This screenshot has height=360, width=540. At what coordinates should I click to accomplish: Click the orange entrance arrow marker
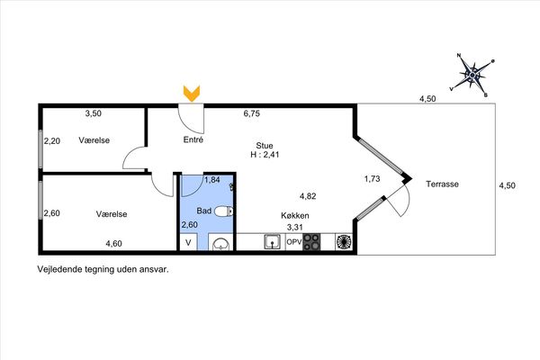point(192,94)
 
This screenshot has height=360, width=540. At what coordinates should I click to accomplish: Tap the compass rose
point(472,75)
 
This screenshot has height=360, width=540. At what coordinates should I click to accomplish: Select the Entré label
point(193,139)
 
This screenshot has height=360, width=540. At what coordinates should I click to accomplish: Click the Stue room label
point(265,146)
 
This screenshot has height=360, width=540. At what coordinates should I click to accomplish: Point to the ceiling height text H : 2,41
point(265,155)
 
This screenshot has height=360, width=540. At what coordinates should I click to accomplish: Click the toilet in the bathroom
point(224,211)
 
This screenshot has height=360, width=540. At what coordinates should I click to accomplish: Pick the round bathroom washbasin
point(220,243)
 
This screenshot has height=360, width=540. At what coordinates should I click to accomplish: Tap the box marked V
point(188,242)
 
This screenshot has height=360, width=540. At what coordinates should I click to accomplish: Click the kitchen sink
point(272,242)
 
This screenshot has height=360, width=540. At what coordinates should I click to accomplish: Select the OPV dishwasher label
point(293,242)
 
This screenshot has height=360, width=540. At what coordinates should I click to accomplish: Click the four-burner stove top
point(311,242)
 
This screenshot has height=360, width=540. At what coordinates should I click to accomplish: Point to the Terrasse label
point(442,184)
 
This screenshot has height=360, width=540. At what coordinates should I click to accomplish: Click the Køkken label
point(295,216)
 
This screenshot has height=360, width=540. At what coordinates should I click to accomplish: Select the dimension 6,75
point(252,113)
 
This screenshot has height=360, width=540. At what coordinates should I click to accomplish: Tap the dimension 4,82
point(308,196)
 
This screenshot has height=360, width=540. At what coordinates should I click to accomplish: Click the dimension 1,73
point(372,179)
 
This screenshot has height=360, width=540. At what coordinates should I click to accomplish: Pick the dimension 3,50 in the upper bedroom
point(94,113)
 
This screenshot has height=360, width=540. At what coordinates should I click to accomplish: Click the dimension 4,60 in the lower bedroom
point(113,244)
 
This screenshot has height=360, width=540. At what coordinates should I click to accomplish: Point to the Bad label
point(204,211)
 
